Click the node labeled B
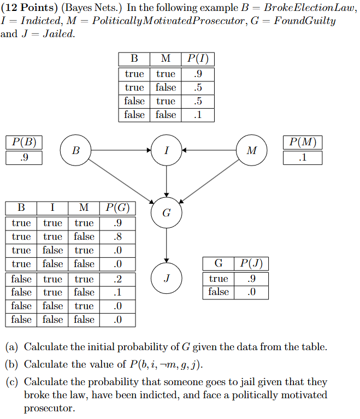tap(76, 150)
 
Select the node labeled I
tap(166, 150)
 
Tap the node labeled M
tap(251, 150)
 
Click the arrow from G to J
tap(166, 246)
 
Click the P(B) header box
tap(24, 143)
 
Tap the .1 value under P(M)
tap(303, 158)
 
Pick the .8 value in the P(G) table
tap(115, 237)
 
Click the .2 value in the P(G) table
tap(115, 279)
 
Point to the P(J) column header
tap(251, 263)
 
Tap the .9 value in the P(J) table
tap(251, 279)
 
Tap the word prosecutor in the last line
tap(50, 408)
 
